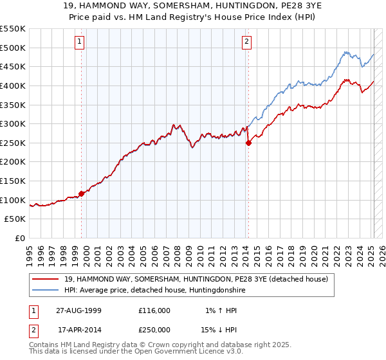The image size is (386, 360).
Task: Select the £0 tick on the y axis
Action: pos(21,238)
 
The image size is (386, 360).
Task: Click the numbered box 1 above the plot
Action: pos(80,42)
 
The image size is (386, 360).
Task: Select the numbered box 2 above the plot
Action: pos(246,42)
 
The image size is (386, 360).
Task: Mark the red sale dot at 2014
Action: pos(248,143)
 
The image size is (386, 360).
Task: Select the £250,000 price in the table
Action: pos(154,330)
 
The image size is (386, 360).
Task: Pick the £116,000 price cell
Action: pos(154,310)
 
